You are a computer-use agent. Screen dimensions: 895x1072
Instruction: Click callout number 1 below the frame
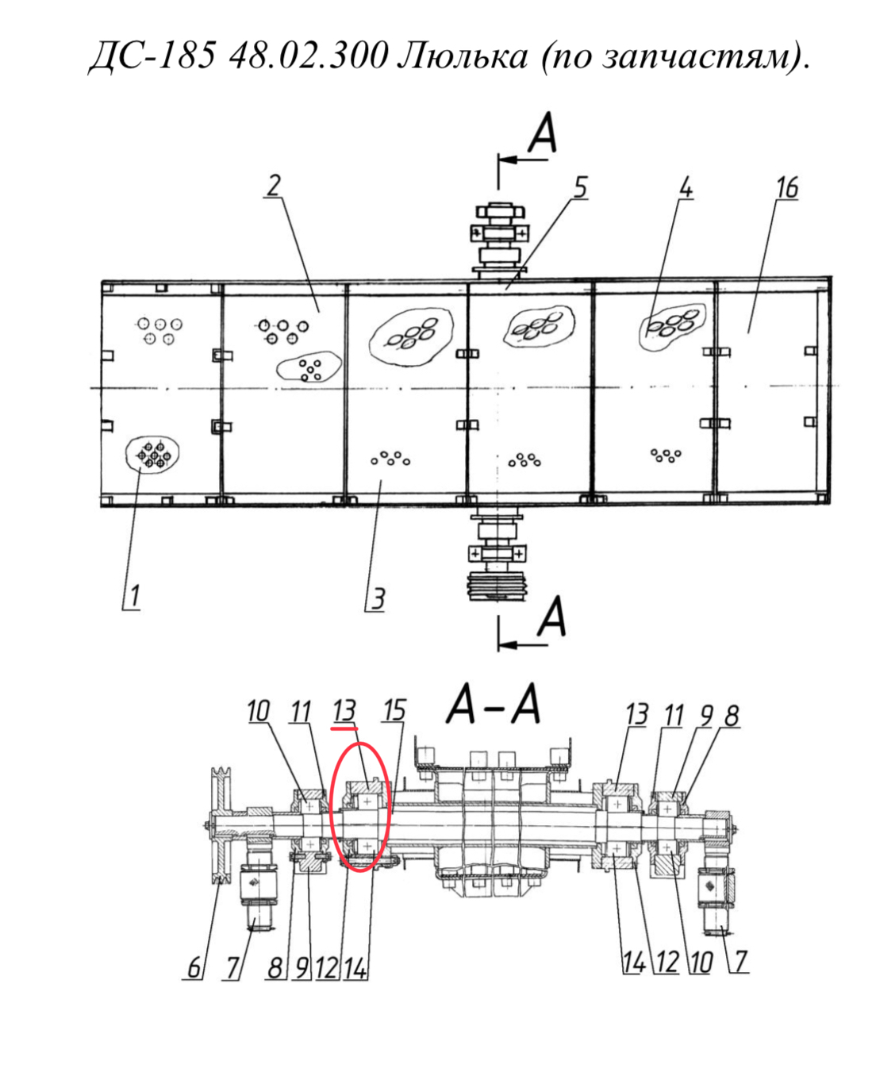click(134, 597)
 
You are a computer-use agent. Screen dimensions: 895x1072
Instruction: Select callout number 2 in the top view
click(274, 186)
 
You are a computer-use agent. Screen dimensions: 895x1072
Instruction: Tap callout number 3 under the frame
click(378, 598)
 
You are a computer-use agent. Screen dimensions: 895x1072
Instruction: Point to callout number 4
click(686, 188)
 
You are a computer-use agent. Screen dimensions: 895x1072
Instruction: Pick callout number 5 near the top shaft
click(580, 188)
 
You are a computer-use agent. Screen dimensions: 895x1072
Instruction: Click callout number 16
click(787, 188)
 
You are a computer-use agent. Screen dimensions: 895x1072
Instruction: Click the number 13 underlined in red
click(344, 711)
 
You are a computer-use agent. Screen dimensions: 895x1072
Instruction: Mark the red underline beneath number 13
click(344, 728)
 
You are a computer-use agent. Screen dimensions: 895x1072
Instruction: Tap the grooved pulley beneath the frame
click(497, 586)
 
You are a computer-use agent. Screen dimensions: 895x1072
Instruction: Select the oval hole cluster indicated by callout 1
click(152, 455)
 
